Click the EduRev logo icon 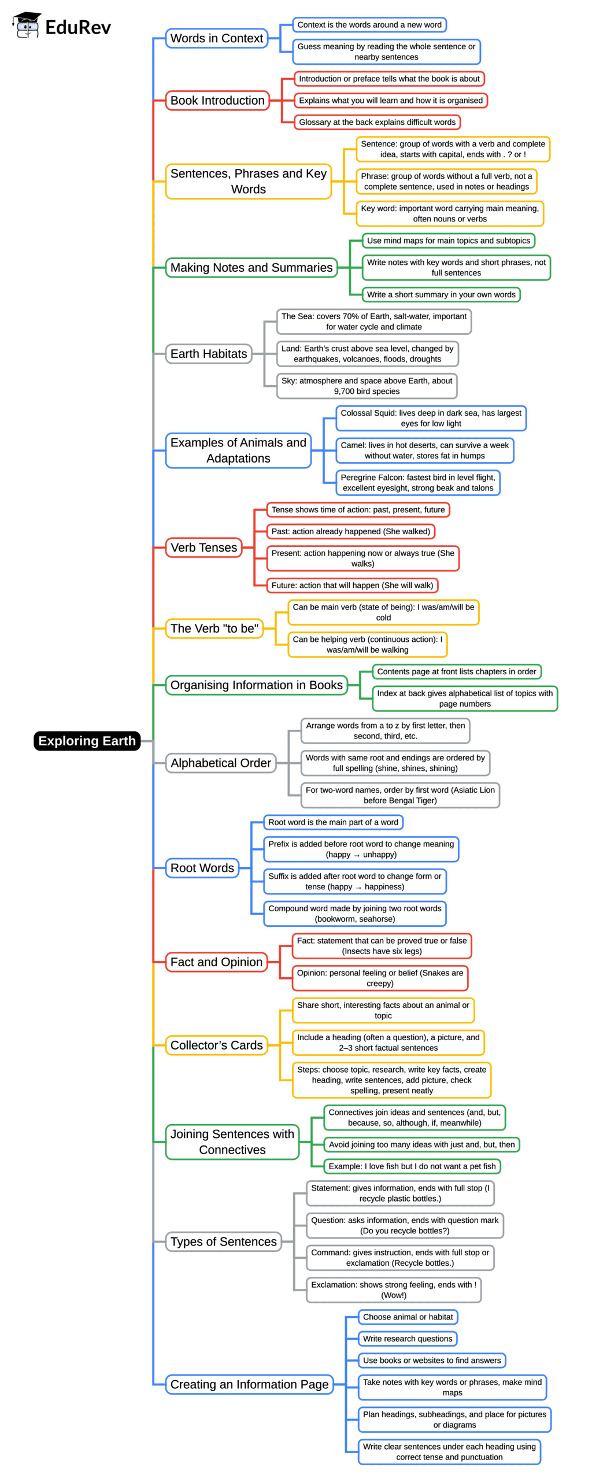click(x=27, y=25)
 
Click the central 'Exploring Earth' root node click(x=87, y=741)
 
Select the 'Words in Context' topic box click(x=216, y=38)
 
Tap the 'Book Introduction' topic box click(x=217, y=101)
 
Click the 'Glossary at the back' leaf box click(x=377, y=122)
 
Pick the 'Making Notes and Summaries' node click(x=251, y=268)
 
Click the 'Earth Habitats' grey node click(x=208, y=354)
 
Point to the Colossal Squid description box click(x=431, y=418)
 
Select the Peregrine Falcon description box click(x=417, y=483)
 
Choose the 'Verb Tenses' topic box click(x=203, y=548)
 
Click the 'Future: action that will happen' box click(x=352, y=586)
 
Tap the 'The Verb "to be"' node click(x=214, y=629)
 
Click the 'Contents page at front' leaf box click(x=456, y=672)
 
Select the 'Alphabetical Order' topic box click(x=220, y=763)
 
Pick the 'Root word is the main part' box click(x=333, y=823)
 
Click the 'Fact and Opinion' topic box click(x=216, y=962)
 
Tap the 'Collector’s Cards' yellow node click(x=216, y=1045)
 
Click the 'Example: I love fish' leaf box click(x=412, y=1166)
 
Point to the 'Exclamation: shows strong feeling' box click(x=393, y=1290)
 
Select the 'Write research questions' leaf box click(x=407, y=1339)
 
